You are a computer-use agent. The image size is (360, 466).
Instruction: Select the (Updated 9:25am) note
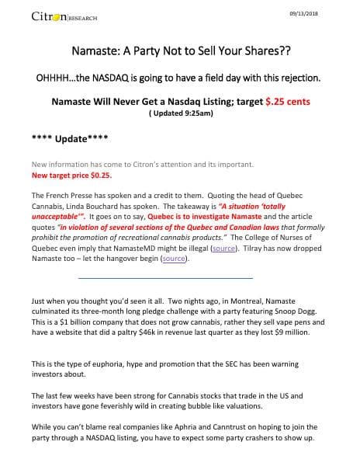click(180, 113)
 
